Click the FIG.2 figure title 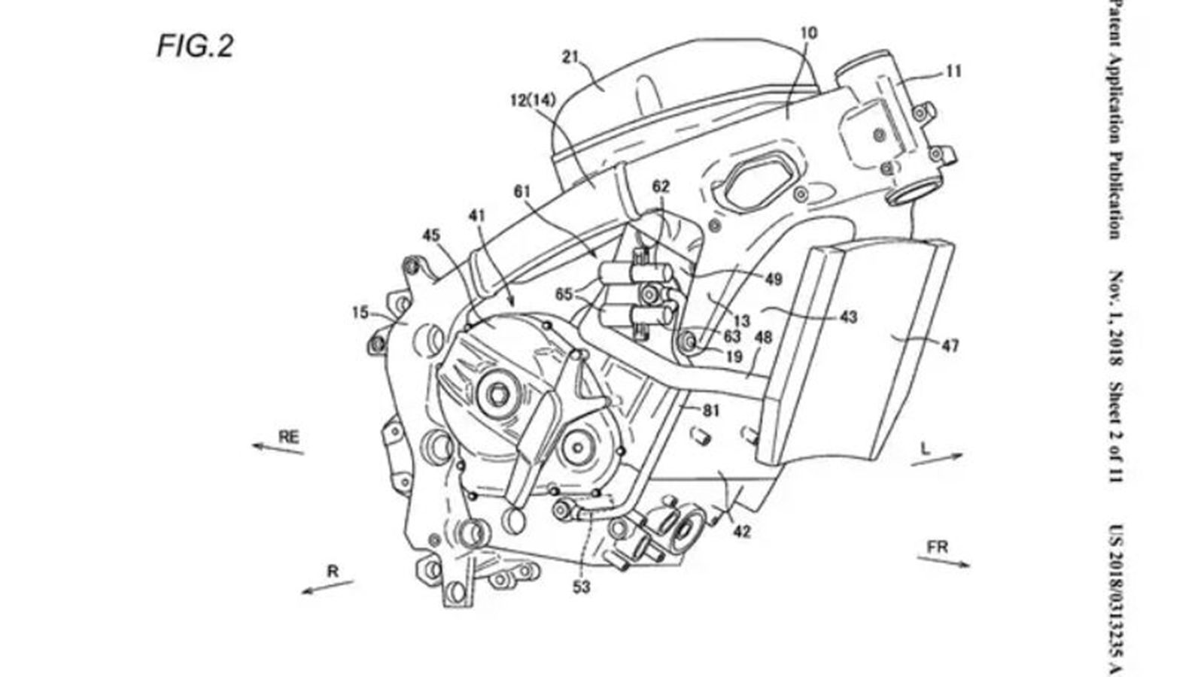pyautogui.click(x=195, y=47)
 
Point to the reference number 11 pyautogui.click(x=953, y=72)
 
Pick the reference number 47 pyautogui.click(x=950, y=347)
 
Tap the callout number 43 pyautogui.click(x=848, y=317)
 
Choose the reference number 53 pyautogui.click(x=581, y=587)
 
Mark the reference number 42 pyautogui.click(x=741, y=531)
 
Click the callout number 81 pyautogui.click(x=710, y=410)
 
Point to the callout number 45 pyautogui.click(x=430, y=235)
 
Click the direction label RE pyautogui.click(x=289, y=436)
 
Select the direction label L pyautogui.click(x=926, y=448)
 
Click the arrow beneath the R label pyautogui.click(x=327, y=586)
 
